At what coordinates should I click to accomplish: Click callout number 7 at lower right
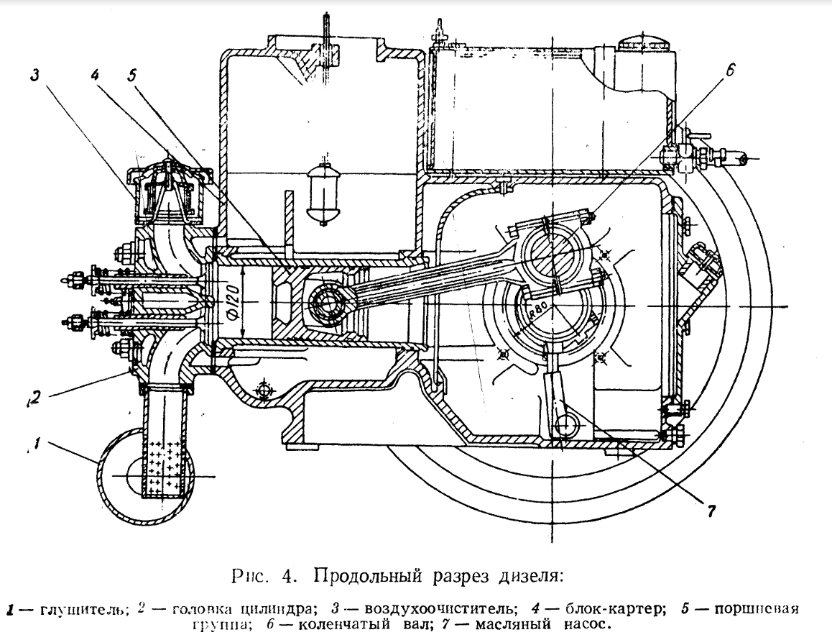point(712,511)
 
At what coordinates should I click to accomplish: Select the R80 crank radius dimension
point(539,310)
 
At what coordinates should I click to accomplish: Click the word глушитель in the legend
point(74,611)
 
